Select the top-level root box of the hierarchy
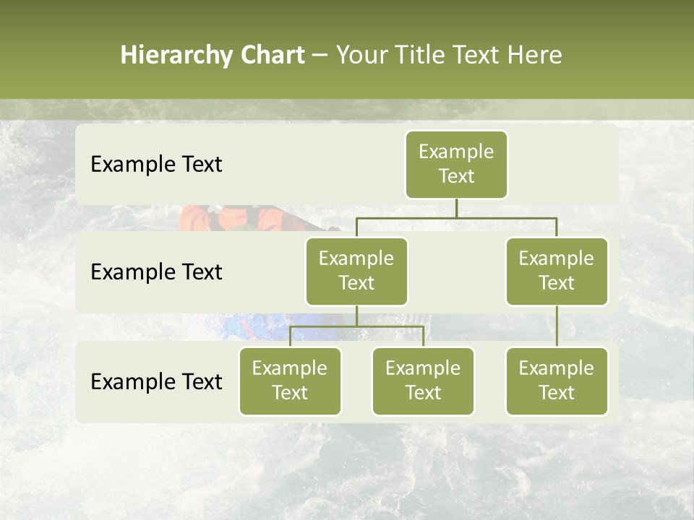tap(456, 165)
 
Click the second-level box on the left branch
tap(356, 272)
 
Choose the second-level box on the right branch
tap(557, 272)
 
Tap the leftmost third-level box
tap(290, 381)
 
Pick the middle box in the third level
tap(423, 381)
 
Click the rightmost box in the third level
tap(557, 381)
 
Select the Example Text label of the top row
tap(156, 165)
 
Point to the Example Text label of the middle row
tap(156, 272)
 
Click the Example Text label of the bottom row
tap(156, 382)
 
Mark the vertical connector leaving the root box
tap(456, 208)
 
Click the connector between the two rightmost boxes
tap(557, 326)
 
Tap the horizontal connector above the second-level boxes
tap(456, 217)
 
